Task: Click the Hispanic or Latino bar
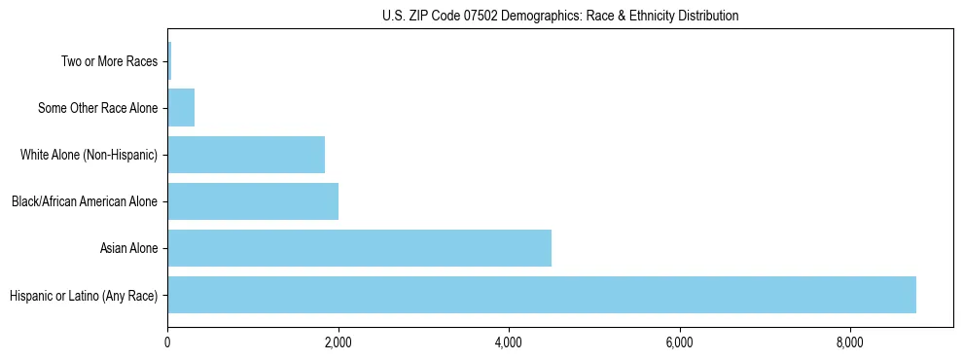pyautogui.click(x=541, y=295)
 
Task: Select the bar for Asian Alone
pyautogui.click(x=359, y=248)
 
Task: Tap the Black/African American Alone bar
pyautogui.click(x=253, y=201)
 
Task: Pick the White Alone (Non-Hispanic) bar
pyautogui.click(x=246, y=155)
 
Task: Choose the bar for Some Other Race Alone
pyautogui.click(x=181, y=108)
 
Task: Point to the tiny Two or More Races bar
pyautogui.click(x=169, y=61)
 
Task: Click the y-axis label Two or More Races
pyautogui.click(x=109, y=61)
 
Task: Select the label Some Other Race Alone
pyautogui.click(x=97, y=108)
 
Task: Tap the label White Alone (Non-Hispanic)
pyautogui.click(x=89, y=155)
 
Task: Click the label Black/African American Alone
pyautogui.click(x=85, y=201)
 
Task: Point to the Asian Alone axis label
pyautogui.click(x=128, y=248)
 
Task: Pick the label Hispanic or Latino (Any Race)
pyautogui.click(x=84, y=295)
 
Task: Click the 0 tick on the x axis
pyautogui.click(x=167, y=342)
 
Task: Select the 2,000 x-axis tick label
pyautogui.click(x=339, y=342)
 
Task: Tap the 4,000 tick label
pyautogui.click(x=509, y=342)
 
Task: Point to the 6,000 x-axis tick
pyautogui.click(x=679, y=342)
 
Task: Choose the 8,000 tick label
pyautogui.click(x=850, y=342)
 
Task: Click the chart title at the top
pyautogui.click(x=560, y=16)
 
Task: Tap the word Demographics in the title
pyautogui.click(x=538, y=16)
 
